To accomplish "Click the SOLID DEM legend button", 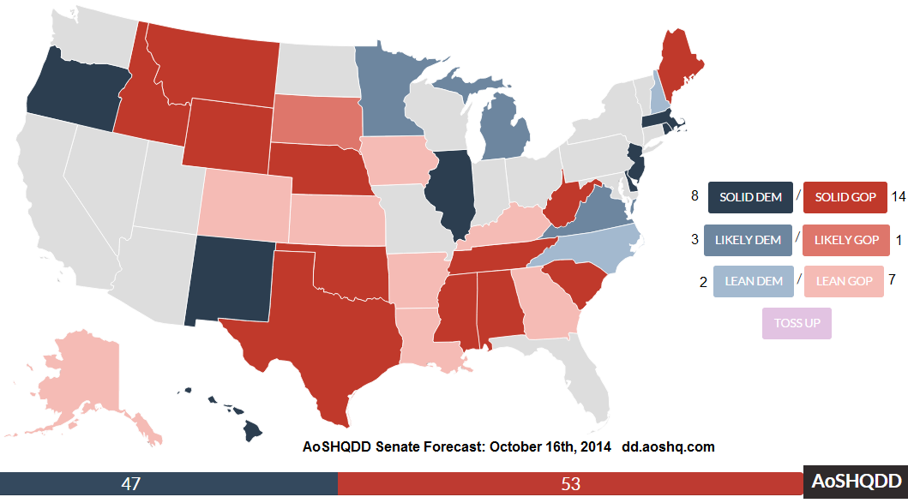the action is pyautogui.click(x=750, y=197).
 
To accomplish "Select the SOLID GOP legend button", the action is pyautogui.click(x=845, y=197).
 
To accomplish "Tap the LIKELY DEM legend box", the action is pyautogui.click(x=748, y=240).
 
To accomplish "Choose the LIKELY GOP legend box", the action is pyautogui.click(x=846, y=240).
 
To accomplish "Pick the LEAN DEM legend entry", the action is pyautogui.click(x=754, y=281).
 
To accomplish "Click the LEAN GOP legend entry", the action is pyautogui.click(x=844, y=281).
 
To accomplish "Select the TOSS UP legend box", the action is pyautogui.click(x=797, y=323).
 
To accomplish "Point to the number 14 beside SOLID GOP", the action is pyautogui.click(x=899, y=197).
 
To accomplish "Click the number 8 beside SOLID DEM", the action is pyautogui.click(x=695, y=196).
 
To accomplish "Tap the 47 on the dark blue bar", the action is pyautogui.click(x=131, y=484).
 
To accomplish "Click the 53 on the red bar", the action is pyautogui.click(x=570, y=484).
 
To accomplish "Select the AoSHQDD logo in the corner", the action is pyautogui.click(x=856, y=481).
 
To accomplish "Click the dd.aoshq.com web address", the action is pyautogui.click(x=668, y=446).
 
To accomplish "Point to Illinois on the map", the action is pyautogui.click(x=450, y=191).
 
